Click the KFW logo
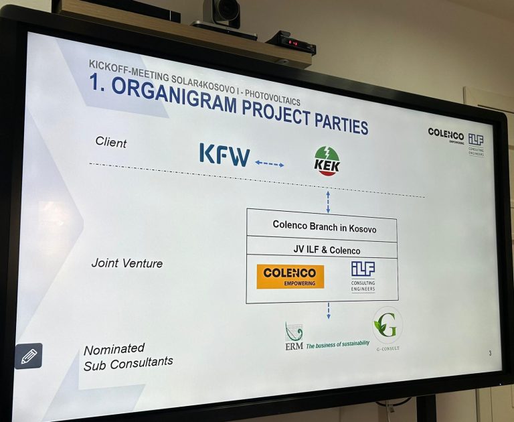pyautogui.click(x=224, y=155)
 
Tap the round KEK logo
pyautogui.click(x=327, y=161)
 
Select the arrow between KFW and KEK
pyautogui.click(x=270, y=163)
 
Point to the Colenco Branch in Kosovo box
pyautogui.click(x=324, y=227)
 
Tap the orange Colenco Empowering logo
pyautogui.click(x=290, y=275)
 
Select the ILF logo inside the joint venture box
pyautogui.click(x=363, y=275)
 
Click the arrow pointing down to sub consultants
pyautogui.click(x=328, y=310)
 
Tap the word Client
pyautogui.click(x=111, y=142)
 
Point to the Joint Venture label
pyautogui.click(x=126, y=263)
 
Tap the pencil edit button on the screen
pyautogui.click(x=29, y=356)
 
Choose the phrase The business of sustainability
pyautogui.click(x=338, y=344)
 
